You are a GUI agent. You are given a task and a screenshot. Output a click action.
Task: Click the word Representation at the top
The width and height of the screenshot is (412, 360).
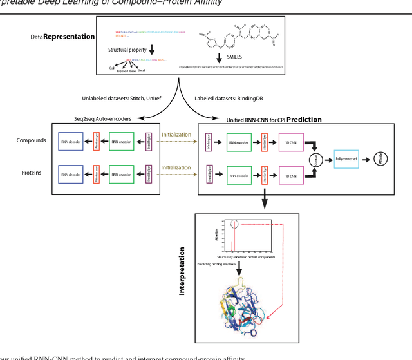68,37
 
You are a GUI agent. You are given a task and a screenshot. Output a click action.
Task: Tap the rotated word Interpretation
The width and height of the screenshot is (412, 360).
182,270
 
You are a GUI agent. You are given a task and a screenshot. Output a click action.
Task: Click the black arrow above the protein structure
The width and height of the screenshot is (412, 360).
239,272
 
